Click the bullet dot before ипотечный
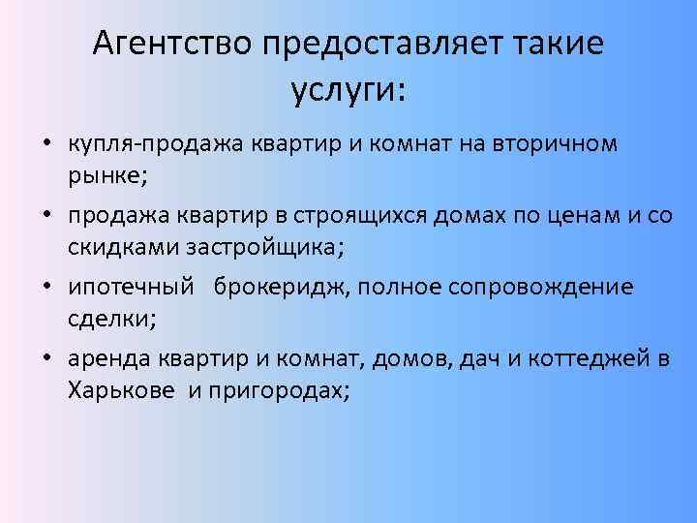point(47,287)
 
